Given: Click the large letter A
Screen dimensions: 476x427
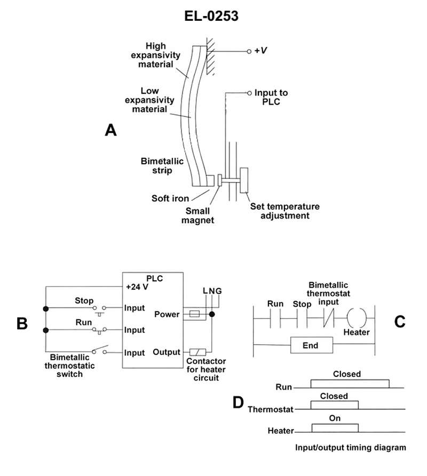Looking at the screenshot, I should [x=110, y=130].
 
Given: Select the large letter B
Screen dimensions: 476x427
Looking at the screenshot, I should [x=22, y=323].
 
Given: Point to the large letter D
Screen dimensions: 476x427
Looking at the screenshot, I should [x=238, y=402].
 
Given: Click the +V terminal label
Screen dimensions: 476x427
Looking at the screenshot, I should [x=261, y=51].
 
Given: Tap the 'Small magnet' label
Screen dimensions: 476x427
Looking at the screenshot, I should [x=199, y=215].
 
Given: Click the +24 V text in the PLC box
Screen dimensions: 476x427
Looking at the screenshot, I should [x=137, y=287].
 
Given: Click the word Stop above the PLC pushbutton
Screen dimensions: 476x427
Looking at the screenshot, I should [x=84, y=300].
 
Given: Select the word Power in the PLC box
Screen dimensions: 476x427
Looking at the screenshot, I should [x=166, y=314].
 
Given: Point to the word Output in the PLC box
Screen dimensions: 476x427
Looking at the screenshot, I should [x=166, y=352].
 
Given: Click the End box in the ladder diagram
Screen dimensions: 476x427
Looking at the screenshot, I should [x=310, y=345].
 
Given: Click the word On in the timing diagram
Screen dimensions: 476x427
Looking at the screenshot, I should [x=335, y=418].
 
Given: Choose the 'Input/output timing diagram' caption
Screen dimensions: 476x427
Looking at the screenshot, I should [x=351, y=448].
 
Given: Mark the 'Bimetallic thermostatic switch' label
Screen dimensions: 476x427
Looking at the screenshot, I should [x=72, y=366].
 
